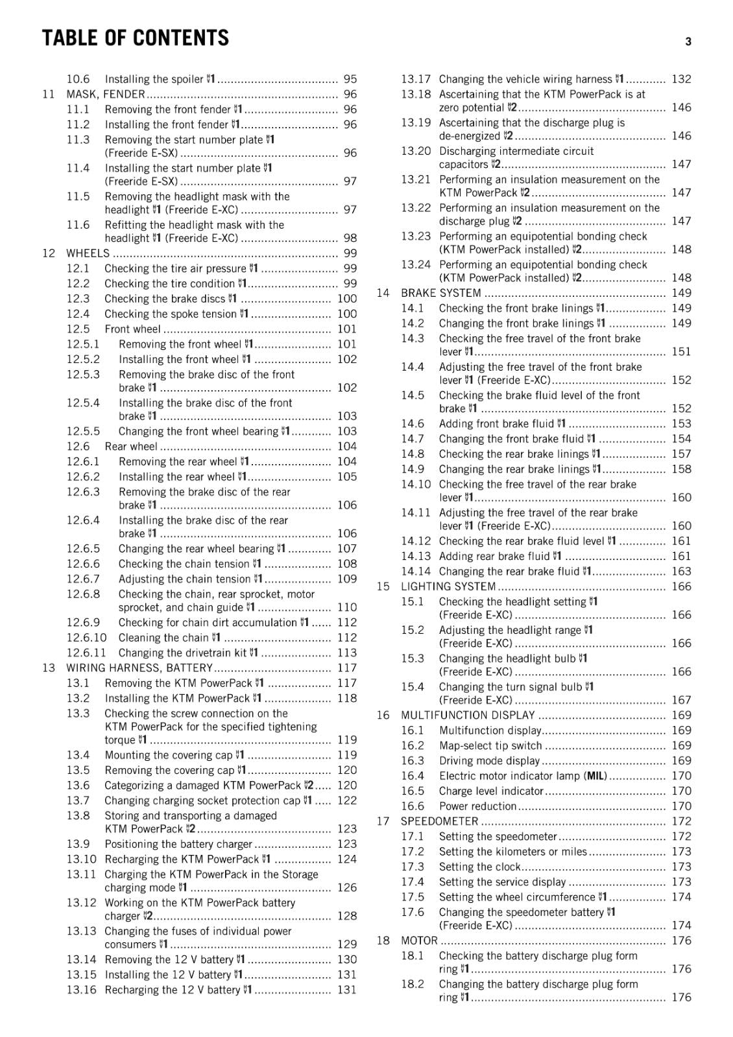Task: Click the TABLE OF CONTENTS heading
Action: [136, 38]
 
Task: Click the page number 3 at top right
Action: [688, 42]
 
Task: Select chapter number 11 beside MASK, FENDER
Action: [49, 95]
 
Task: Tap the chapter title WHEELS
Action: [88, 253]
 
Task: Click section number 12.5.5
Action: [83, 432]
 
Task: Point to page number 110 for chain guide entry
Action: [347, 608]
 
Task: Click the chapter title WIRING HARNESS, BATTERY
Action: [139, 668]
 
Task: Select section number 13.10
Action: [81, 859]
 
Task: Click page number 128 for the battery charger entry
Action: [347, 916]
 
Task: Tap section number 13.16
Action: [81, 990]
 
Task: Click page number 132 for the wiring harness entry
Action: [681, 80]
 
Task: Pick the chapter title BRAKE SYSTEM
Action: [440, 293]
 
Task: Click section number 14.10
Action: [415, 485]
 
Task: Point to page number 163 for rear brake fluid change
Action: [681, 572]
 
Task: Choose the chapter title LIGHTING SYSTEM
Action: [448, 587]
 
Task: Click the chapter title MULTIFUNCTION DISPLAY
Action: [468, 716]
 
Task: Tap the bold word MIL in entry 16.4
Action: [596, 776]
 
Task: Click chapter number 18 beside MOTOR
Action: [383, 941]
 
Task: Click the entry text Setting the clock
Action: [479, 867]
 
